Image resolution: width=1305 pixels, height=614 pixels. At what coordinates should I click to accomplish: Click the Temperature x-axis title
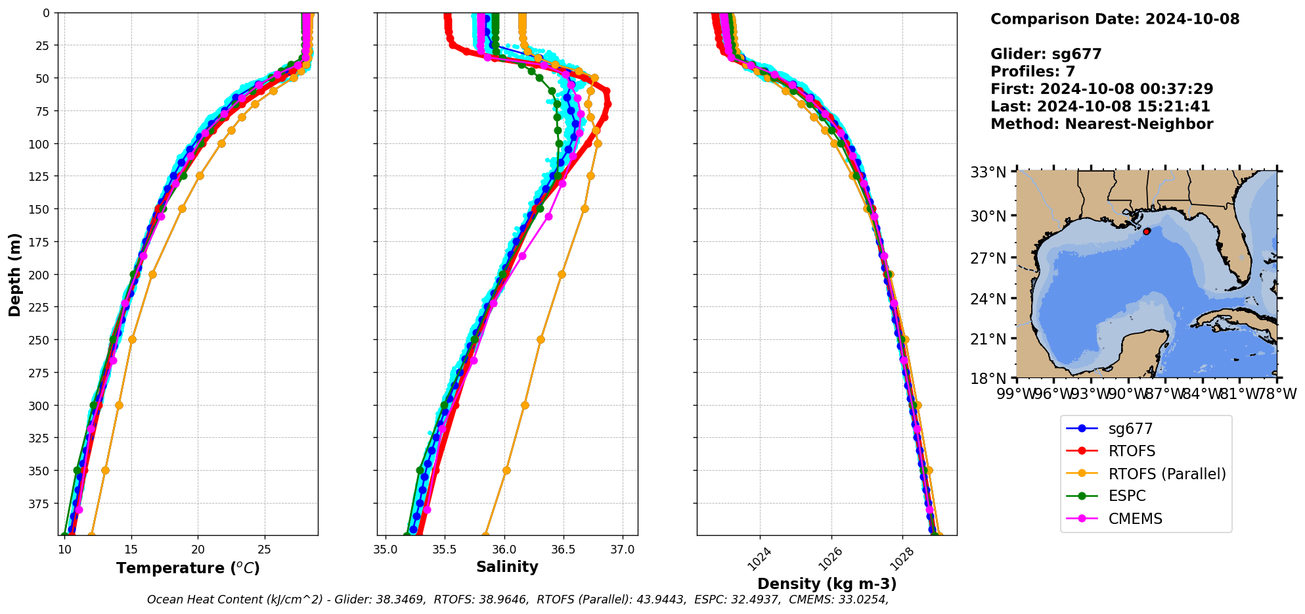pyautogui.click(x=188, y=568)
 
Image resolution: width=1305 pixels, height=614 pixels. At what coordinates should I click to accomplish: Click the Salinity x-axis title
pyautogui.click(x=507, y=567)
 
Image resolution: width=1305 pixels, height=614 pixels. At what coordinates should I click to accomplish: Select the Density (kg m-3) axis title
pyautogui.click(x=827, y=584)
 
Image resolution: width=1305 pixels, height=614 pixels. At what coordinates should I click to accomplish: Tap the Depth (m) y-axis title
pyautogui.click(x=15, y=274)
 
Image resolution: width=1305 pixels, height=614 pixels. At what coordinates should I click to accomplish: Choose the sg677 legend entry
pyautogui.click(x=1130, y=429)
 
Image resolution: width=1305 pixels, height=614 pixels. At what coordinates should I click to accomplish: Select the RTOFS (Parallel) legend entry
pyautogui.click(x=1166, y=474)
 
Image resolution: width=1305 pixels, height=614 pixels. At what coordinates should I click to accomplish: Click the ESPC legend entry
pyautogui.click(x=1126, y=496)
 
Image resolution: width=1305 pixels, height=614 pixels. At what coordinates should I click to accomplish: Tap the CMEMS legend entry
pyautogui.click(x=1135, y=519)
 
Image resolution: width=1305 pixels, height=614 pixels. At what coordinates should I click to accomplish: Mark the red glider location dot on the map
pyautogui.click(x=1146, y=231)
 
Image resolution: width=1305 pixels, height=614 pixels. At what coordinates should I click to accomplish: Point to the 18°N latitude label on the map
pyautogui.click(x=988, y=379)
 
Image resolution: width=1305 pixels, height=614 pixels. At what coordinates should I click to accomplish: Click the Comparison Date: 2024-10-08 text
pyautogui.click(x=1115, y=19)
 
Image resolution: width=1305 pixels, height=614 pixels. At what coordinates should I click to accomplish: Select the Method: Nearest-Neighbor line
pyautogui.click(x=1101, y=124)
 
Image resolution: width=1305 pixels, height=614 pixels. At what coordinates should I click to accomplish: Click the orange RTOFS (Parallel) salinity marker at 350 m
pyautogui.click(x=506, y=471)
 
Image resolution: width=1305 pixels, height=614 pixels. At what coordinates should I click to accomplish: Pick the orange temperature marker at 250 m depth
pyautogui.click(x=132, y=340)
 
